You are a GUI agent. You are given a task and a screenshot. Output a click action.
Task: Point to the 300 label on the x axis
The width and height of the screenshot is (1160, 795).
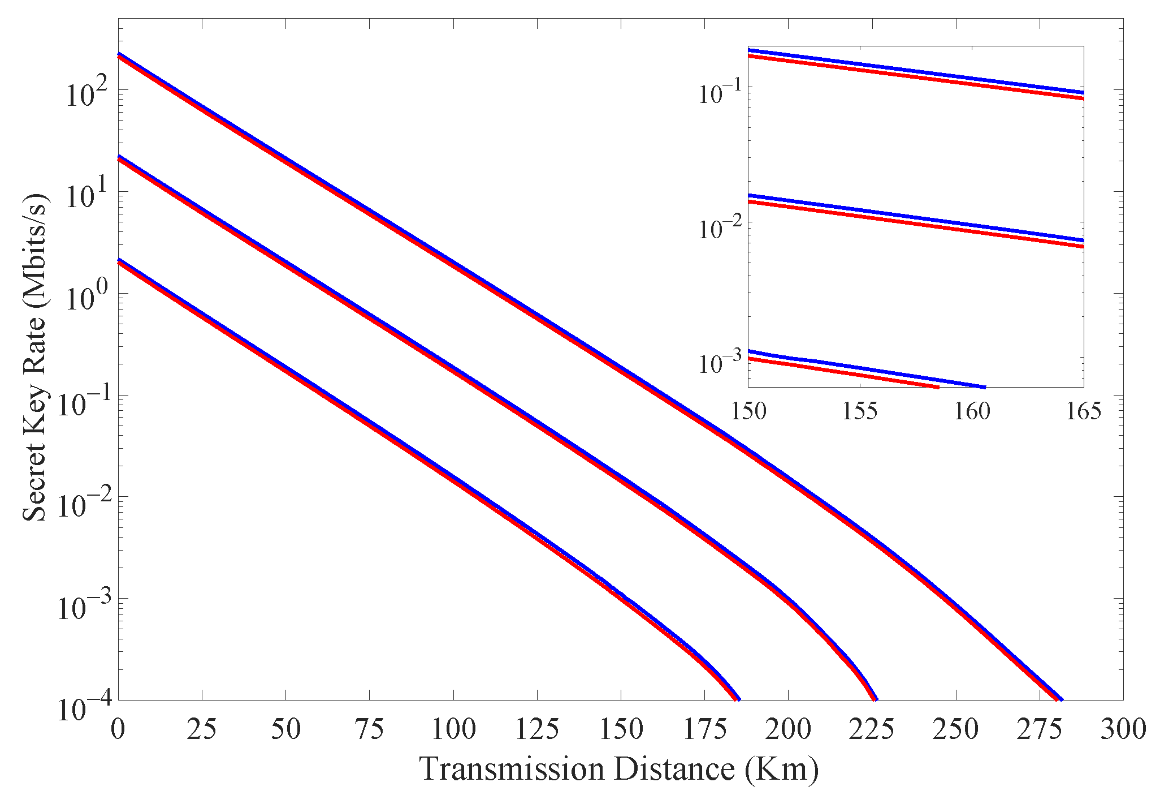(x=1123, y=729)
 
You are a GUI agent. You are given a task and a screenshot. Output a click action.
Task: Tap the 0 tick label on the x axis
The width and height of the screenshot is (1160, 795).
(x=118, y=729)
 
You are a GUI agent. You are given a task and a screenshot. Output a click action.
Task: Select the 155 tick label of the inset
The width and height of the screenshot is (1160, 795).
(x=859, y=411)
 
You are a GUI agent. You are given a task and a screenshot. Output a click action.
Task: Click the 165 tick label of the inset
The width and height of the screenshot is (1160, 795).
(x=1083, y=411)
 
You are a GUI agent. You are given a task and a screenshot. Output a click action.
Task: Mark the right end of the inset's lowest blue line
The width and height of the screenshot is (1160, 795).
(x=985, y=388)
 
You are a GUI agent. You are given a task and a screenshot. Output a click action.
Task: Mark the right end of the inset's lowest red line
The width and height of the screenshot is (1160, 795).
(x=938, y=388)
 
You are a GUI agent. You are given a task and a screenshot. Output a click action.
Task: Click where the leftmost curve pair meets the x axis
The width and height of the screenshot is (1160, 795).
(x=737, y=699)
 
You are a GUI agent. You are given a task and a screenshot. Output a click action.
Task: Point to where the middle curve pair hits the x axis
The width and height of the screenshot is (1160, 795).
(x=875, y=699)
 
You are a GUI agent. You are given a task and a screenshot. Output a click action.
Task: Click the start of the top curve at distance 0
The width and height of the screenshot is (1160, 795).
(x=119, y=55)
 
